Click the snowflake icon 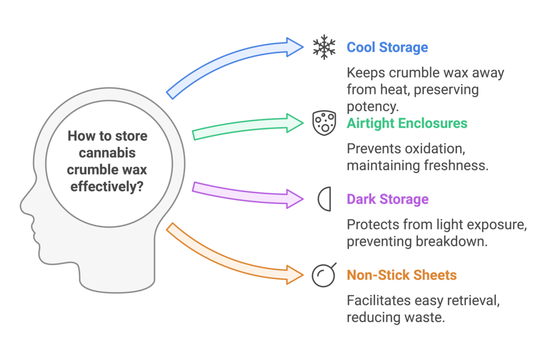pos(324,47)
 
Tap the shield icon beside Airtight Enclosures pos(324,122)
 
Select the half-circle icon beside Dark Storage pos(325,199)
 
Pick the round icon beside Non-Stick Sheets pos(324,275)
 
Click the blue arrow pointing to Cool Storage pos(234,67)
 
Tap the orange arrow pos(234,253)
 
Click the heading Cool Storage pos(387,47)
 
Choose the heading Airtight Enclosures pos(407,123)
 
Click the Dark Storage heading pos(387,199)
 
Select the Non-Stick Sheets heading pos(401,275)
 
